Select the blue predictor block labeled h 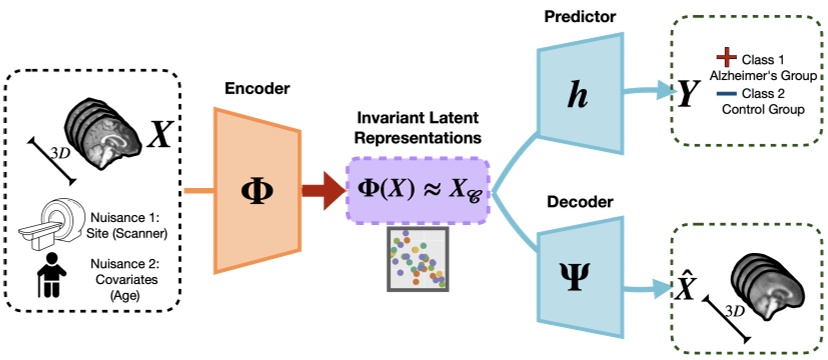(x=578, y=95)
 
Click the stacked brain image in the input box (x=107, y=122)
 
